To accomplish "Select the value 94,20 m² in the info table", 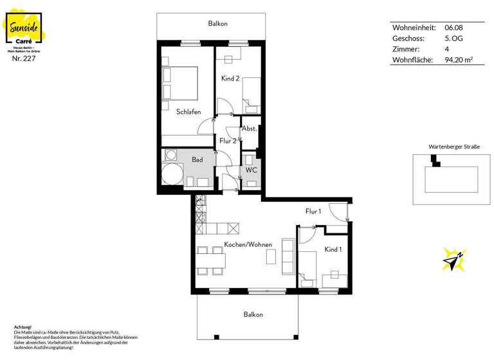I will (459, 60).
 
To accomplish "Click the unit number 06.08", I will (453, 28).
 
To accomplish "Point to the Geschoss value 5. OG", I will (453, 39).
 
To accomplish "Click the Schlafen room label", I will (188, 112).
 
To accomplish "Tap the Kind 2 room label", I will (230, 78).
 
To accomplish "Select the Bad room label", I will (197, 159).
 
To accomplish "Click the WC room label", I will (251, 170).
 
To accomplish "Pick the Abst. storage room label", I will (249, 129).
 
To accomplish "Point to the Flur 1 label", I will (313, 212).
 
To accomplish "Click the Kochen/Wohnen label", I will (248, 245).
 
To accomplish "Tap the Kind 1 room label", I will (333, 249).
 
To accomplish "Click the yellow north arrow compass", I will (453, 258).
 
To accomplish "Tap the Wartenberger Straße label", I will (453, 147).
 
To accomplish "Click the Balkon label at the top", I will (217, 24).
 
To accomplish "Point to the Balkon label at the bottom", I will (253, 314).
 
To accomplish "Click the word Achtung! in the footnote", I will (23, 327).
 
